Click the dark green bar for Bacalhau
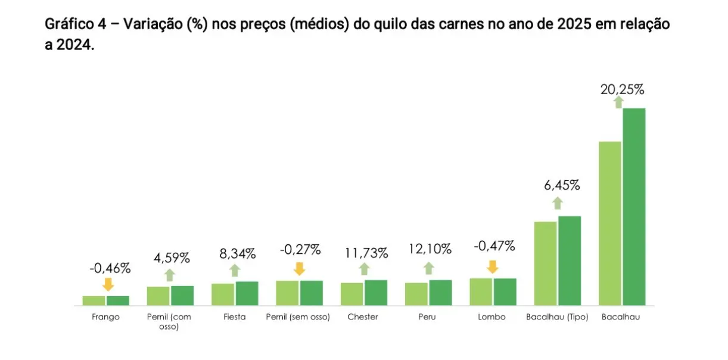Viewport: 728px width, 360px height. click(x=634, y=207)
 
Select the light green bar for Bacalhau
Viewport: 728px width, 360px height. click(x=609, y=224)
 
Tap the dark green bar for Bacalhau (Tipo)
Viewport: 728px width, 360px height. click(x=570, y=260)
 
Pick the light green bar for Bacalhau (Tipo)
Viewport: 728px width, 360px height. click(x=545, y=263)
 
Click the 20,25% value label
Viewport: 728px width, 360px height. click(x=623, y=90)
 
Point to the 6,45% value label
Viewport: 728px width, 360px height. click(x=561, y=185)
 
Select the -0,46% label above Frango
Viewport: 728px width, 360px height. click(x=110, y=268)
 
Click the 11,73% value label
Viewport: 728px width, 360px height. click(x=366, y=253)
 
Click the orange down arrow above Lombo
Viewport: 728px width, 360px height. click(x=492, y=266)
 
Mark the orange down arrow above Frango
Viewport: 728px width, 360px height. click(x=108, y=284)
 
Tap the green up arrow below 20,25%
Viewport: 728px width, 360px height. click(x=618, y=103)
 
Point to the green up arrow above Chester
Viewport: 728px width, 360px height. click(x=365, y=269)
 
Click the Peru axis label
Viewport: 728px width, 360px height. click(x=427, y=317)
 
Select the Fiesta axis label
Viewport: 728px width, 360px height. click(x=234, y=317)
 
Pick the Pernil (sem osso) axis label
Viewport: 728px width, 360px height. click(x=298, y=317)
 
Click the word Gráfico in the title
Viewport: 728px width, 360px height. click(x=64, y=25)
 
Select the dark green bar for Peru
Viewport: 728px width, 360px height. click(x=440, y=293)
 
